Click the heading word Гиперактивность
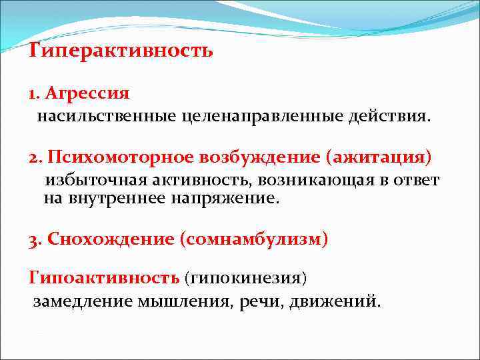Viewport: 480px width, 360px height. (x=121, y=51)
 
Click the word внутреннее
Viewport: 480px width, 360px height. (x=113, y=198)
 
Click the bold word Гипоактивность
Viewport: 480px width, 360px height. (x=103, y=276)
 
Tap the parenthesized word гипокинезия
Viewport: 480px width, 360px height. (x=245, y=276)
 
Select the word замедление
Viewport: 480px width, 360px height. (x=83, y=301)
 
